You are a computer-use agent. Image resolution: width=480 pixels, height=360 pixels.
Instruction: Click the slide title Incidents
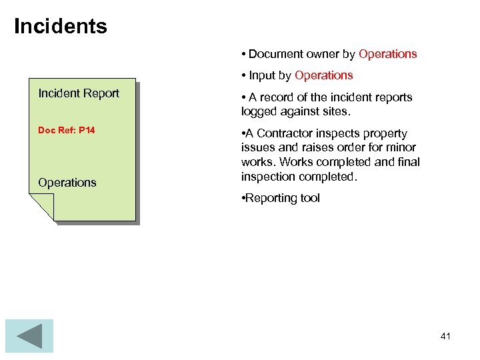click(60, 27)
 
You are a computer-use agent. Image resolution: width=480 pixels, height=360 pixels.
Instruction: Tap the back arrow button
click(29, 335)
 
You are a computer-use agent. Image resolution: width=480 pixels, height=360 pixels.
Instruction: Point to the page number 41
click(445, 336)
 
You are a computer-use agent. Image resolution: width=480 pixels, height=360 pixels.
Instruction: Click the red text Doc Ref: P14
click(67, 130)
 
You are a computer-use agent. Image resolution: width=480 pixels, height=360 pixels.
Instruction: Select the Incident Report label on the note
click(79, 93)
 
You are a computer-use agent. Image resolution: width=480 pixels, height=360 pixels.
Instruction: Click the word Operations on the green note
click(67, 183)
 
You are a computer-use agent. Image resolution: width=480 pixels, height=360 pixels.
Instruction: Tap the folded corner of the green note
click(41, 207)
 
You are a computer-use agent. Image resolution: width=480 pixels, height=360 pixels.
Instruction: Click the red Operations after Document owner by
click(388, 54)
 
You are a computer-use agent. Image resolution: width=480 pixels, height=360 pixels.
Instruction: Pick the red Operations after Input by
click(324, 75)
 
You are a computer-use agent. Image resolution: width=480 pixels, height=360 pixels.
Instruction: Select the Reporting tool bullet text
click(283, 198)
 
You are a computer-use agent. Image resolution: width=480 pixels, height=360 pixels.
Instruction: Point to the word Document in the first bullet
click(275, 54)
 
